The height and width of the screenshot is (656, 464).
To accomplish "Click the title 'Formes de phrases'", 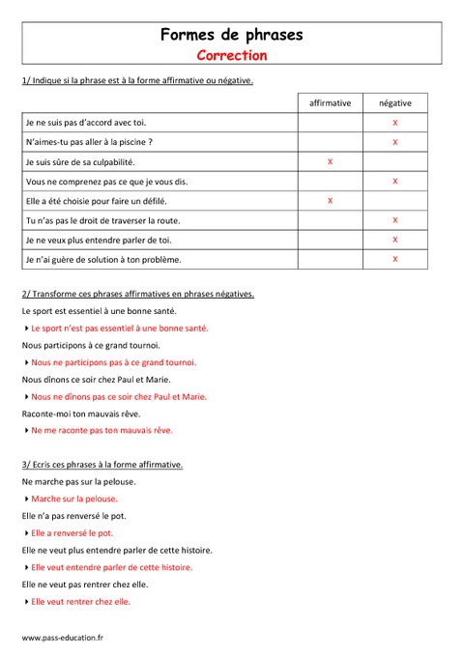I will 231,35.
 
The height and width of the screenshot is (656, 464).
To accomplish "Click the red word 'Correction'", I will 231,55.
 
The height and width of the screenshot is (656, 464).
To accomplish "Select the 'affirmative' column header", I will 331,102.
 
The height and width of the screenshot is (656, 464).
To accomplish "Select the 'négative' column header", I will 394,102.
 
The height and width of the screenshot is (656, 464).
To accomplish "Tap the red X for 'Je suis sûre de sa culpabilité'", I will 331,161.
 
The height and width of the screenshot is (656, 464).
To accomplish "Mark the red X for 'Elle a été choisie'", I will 331,201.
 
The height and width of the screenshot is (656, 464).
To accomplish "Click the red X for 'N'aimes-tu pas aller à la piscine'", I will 394,142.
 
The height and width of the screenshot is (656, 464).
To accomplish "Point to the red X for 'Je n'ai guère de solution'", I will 394,259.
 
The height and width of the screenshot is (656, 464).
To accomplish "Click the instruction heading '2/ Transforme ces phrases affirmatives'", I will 137,294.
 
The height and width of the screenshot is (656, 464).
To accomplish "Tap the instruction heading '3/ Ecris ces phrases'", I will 101,465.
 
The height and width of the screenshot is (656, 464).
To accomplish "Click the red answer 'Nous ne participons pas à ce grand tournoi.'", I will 113,362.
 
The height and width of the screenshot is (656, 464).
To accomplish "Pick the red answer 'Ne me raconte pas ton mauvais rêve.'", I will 101,430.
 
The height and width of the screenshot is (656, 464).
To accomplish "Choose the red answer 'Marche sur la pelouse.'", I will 74,499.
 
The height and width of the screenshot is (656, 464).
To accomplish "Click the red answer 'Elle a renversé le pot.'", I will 72,532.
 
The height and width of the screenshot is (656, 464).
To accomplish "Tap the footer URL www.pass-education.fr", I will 63,638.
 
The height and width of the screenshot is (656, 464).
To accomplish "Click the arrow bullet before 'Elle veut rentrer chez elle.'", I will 25,601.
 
